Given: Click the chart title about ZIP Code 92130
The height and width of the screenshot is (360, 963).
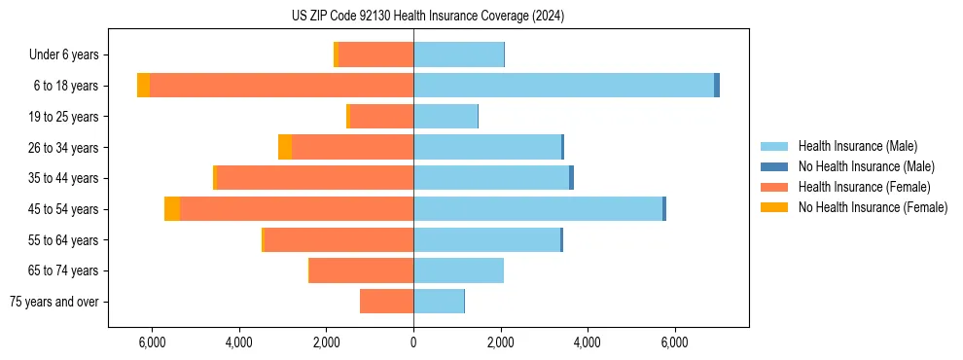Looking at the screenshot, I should click(x=427, y=17).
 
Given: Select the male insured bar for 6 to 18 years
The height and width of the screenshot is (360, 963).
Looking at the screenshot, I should click(x=563, y=86).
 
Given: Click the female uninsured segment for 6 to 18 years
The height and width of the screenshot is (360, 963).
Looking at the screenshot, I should click(x=143, y=86).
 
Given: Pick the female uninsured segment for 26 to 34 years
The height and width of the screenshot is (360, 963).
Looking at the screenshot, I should click(x=285, y=147).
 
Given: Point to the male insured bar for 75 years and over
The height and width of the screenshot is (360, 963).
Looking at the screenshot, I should click(x=439, y=302).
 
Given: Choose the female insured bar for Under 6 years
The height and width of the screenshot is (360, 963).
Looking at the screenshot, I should click(x=375, y=54).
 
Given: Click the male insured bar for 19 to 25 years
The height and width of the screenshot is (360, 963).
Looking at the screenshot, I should click(x=446, y=117).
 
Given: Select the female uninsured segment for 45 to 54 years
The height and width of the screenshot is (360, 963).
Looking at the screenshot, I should click(x=172, y=209).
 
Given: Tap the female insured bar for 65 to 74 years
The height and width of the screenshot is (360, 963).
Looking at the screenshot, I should click(x=362, y=270).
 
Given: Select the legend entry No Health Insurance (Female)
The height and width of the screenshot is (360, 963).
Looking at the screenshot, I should click(x=873, y=207).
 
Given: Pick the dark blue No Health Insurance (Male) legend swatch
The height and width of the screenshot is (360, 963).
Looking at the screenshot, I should click(x=775, y=166).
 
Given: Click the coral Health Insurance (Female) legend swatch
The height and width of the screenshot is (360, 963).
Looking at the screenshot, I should click(x=775, y=187).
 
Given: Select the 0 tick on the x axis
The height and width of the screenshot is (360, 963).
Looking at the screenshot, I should click(x=413, y=342).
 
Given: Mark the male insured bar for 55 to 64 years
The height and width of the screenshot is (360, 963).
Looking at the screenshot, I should click(x=486, y=239).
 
